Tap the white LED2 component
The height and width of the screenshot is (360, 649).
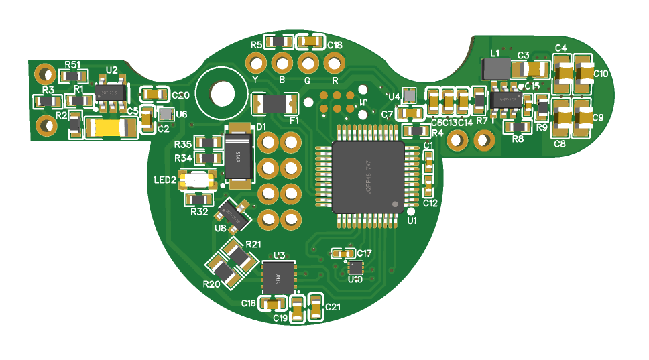198,180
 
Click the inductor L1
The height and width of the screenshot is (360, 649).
495,68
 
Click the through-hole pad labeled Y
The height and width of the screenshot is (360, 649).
255,64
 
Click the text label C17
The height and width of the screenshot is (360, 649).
364,253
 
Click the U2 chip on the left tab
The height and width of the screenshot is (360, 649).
109,93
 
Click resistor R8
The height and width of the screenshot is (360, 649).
518,127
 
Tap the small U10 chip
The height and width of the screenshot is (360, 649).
355,267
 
